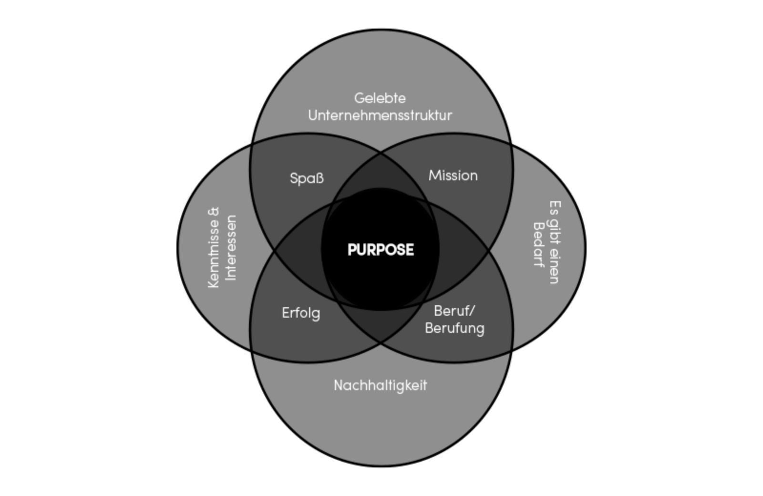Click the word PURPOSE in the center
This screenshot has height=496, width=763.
point(381,250)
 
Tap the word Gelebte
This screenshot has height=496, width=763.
point(380,98)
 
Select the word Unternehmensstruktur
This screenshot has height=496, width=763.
point(380,115)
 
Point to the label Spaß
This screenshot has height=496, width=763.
point(307,178)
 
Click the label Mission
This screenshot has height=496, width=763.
point(453,176)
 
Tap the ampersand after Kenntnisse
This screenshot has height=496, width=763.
point(214,212)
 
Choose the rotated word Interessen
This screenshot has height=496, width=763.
point(231,248)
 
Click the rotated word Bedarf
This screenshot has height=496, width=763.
point(538,245)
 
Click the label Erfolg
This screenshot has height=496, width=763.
point(300,313)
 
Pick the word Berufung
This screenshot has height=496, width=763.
point(454,329)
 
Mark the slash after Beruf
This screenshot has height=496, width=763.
point(472,311)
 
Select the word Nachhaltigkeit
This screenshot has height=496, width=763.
point(380,385)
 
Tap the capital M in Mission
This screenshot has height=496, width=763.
point(434,176)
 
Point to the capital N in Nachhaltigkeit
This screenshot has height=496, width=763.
point(339,385)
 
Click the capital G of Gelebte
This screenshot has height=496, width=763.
point(359,98)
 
